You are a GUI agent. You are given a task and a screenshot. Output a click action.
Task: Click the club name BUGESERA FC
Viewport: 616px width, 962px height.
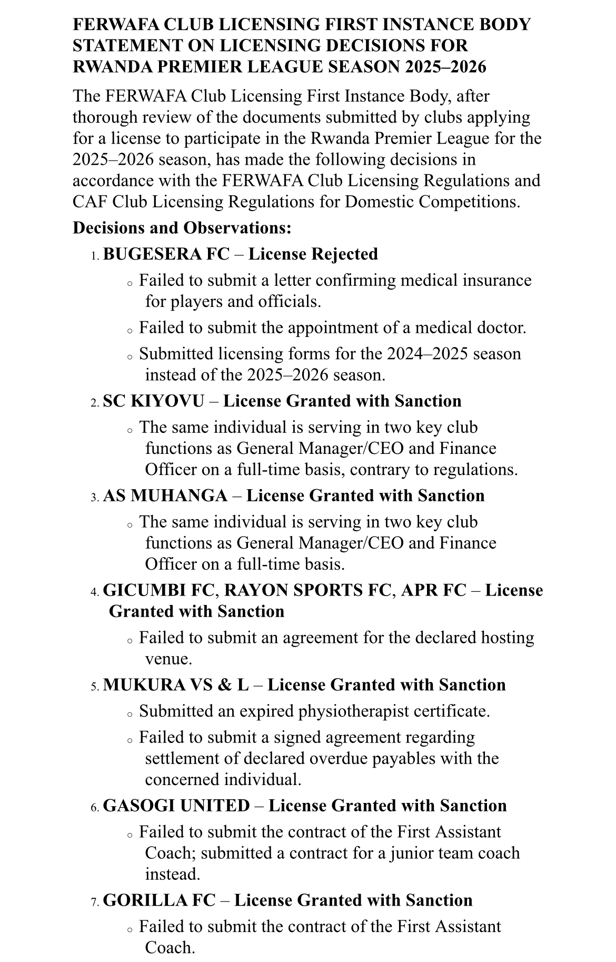(166, 254)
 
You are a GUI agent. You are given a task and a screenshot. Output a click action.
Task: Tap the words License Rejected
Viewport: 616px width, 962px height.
(313, 254)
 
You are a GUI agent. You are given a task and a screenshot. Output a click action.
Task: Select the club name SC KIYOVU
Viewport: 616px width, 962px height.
(153, 401)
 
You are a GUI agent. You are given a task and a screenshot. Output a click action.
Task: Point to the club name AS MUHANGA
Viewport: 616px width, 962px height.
(165, 495)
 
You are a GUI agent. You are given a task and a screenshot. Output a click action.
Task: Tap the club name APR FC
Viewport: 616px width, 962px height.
(433, 590)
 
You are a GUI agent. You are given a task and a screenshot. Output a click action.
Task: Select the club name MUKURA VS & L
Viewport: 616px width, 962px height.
(176, 685)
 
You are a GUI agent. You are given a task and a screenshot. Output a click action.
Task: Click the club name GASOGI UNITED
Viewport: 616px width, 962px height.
(176, 806)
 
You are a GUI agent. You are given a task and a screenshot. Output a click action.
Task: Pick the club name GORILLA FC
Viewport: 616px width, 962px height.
(159, 900)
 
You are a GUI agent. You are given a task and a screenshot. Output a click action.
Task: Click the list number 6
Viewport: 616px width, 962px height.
(94, 807)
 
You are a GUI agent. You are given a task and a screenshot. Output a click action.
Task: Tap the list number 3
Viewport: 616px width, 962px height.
(94, 497)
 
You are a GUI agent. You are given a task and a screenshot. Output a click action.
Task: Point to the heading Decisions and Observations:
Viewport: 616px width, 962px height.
(182, 227)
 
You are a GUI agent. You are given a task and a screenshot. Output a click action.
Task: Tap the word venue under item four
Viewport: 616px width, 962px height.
(166, 659)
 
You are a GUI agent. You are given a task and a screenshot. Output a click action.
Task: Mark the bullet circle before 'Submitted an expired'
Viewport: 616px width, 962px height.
(130, 715)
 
